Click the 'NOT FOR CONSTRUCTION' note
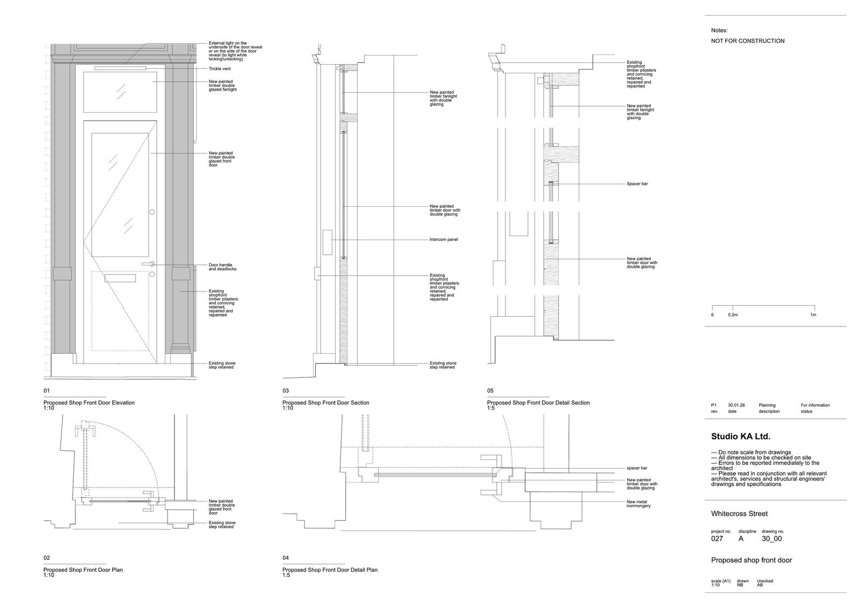point(747,41)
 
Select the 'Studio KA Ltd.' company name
point(740,437)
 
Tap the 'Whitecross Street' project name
point(739,514)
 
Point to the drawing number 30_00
point(771,539)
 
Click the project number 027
point(717,539)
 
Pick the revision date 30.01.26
point(736,406)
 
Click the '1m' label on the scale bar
point(813,315)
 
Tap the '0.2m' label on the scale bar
point(733,315)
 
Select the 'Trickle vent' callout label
point(220,69)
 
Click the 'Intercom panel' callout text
point(444,240)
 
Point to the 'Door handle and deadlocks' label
point(223,267)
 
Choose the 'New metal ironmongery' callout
point(638,504)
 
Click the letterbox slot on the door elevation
point(120,278)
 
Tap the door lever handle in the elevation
point(148,264)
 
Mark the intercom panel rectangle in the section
point(327,242)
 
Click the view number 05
point(490,391)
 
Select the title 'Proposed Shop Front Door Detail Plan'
point(330,570)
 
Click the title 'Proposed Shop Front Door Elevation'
point(89,403)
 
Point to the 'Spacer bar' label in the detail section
point(637,184)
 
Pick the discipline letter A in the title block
point(741,539)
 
